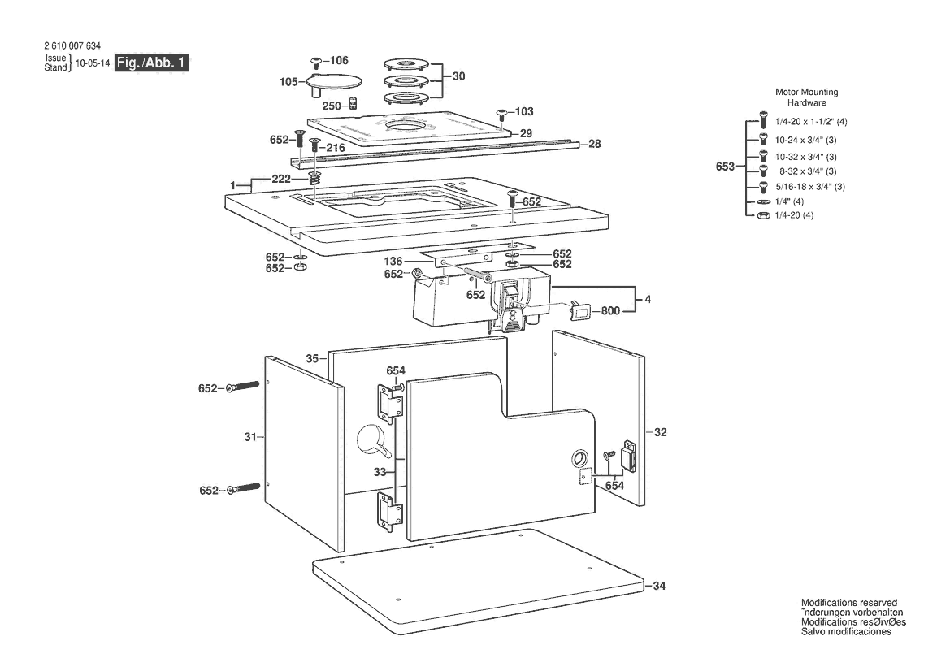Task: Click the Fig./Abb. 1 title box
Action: click(151, 63)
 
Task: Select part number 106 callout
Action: click(339, 60)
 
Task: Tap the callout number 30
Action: click(458, 76)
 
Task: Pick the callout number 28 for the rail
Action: click(594, 144)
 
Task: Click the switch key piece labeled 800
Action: click(580, 310)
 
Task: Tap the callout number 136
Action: click(393, 261)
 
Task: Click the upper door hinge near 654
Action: click(389, 403)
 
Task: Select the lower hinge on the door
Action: click(389, 513)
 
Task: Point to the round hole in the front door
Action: click(579, 458)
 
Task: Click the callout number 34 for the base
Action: click(659, 586)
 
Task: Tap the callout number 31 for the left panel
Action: click(250, 436)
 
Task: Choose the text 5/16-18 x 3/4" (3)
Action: click(810, 187)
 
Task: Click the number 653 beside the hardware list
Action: click(725, 166)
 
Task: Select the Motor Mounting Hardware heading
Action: click(806, 97)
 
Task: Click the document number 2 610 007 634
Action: click(72, 45)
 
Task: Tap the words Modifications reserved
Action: click(848, 603)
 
